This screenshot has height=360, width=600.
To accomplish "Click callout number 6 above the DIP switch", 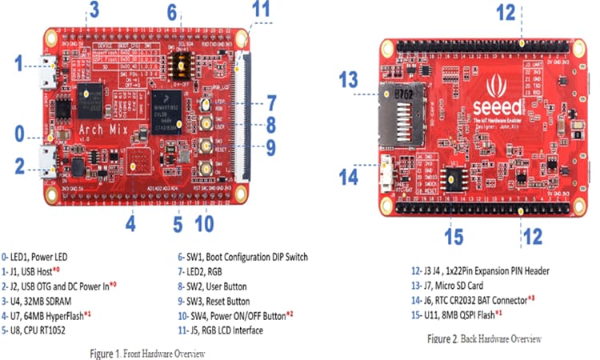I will (x=172, y=12).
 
